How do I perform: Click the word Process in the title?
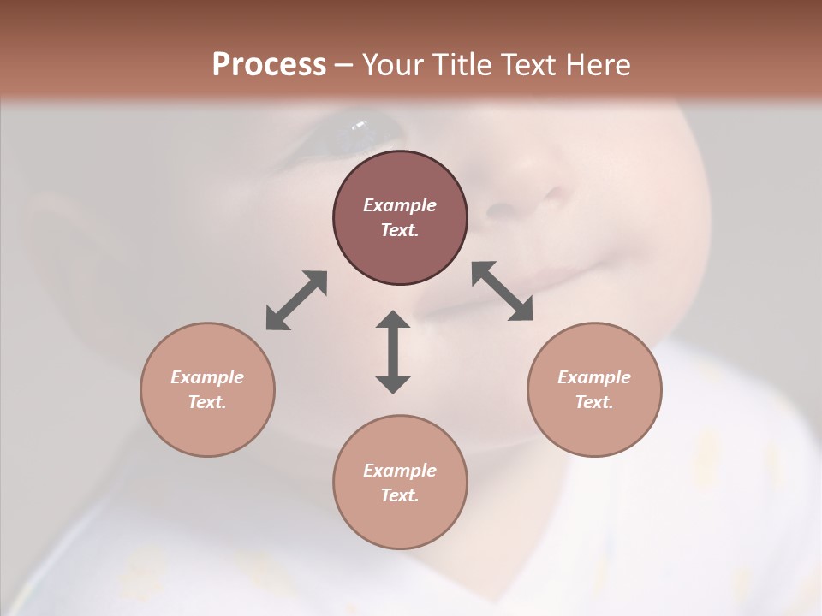pos(269,65)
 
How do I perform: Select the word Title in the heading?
pos(464,65)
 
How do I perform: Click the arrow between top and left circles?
pos(296,300)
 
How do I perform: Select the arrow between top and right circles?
pos(503,291)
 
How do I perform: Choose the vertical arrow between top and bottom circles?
pos(393,352)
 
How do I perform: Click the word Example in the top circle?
pos(400,205)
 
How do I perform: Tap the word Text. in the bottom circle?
pos(400,495)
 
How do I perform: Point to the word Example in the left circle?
pos(207,377)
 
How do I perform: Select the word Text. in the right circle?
pos(594,402)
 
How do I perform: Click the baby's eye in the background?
pos(360,130)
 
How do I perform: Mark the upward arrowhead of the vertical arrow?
pos(393,321)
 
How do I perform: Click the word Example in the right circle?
pos(594,377)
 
